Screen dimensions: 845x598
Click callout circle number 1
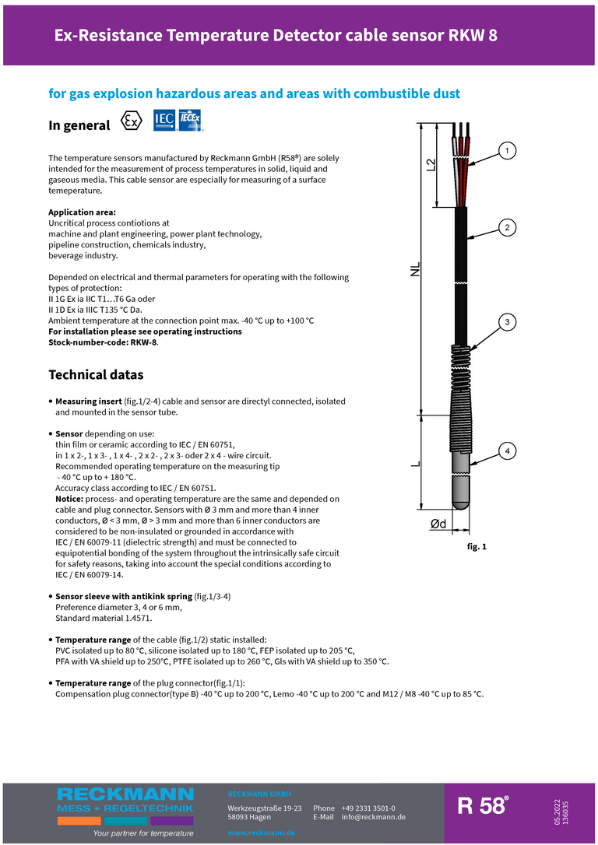point(507,150)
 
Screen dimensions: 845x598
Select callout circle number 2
point(507,227)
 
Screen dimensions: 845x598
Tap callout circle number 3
point(507,322)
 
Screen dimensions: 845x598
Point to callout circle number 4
point(507,451)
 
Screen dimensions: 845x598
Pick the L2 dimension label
point(431,165)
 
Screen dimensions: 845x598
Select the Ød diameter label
point(438,525)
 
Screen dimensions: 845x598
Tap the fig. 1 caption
point(477,547)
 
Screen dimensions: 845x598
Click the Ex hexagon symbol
point(132,122)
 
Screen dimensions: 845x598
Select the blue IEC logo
point(164,120)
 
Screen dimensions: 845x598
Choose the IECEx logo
point(191,119)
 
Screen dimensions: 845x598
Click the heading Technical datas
point(96,375)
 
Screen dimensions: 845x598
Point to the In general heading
point(79,125)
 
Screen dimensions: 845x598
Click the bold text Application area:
point(82,212)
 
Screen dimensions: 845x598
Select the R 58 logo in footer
point(483,806)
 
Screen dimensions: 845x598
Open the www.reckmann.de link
point(261,833)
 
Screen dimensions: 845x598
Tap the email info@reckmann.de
point(374,817)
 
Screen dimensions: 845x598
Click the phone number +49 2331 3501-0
point(368,808)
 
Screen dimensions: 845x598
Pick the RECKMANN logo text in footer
point(125,794)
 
